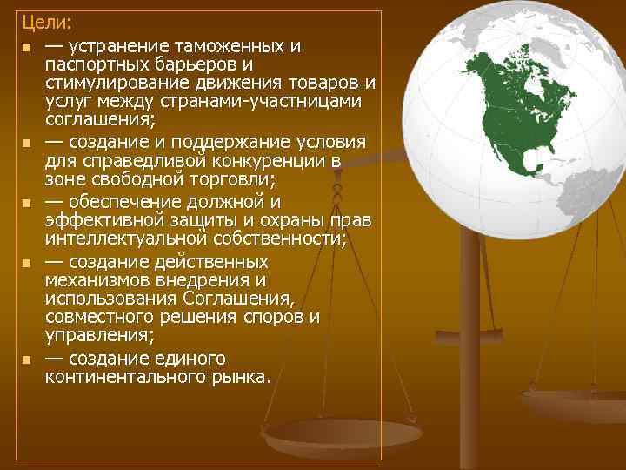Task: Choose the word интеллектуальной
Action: click(x=122, y=238)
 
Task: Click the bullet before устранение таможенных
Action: click(x=27, y=46)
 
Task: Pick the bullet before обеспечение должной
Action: click(x=27, y=203)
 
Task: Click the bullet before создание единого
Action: click(x=27, y=359)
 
